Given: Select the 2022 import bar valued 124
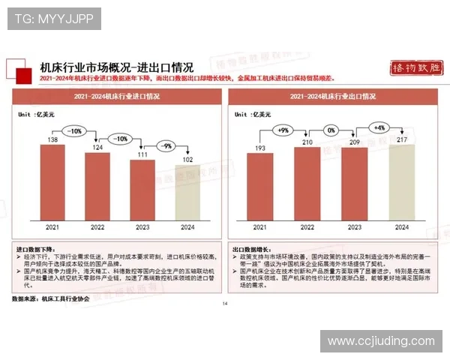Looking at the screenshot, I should (x=97, y=187).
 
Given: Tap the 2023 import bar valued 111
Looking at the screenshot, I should (x=142, y=190).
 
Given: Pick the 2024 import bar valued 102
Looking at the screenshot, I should (x=187, y=193).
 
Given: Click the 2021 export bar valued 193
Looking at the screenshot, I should (x=262, y=187).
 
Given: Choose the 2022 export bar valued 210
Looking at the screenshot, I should (x=307, y=184).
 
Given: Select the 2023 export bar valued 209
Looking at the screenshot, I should (x=354, y=184).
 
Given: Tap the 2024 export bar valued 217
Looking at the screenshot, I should (x=401, y=182).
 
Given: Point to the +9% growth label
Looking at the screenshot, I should (x=283, y=130).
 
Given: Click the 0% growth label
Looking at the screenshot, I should (x=331, y=130).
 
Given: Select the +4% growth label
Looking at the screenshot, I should (x=379, y=127).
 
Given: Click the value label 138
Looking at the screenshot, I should (x=53, y=139).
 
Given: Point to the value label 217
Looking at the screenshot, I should (x=401, y=139).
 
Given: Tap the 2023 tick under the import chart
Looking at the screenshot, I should (x=142, y=227).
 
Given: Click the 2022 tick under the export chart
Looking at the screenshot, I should (x=307, y=227).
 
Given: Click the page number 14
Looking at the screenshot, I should (x=224, y=304).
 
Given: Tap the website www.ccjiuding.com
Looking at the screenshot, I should (x=381, y=341).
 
